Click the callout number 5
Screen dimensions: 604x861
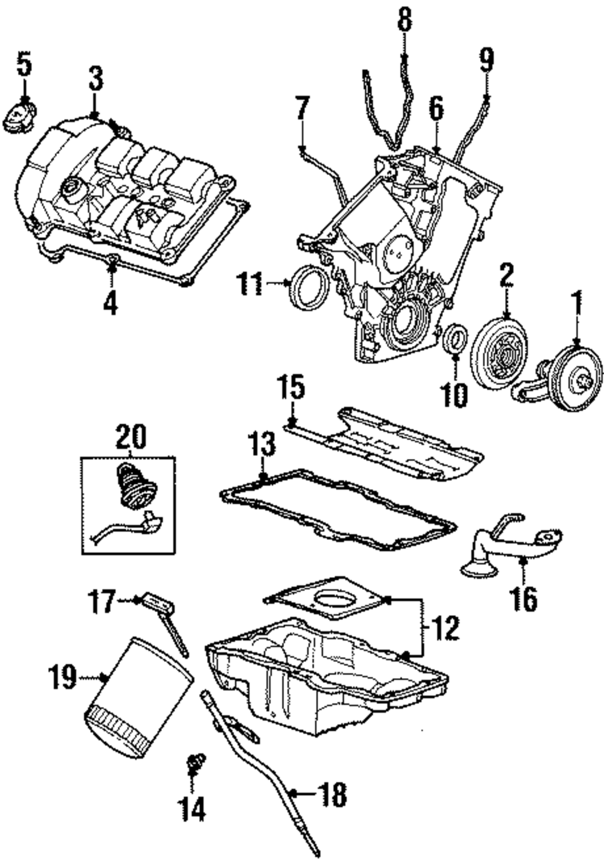[x=24, y=65]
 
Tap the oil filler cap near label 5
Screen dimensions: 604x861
[x=21, y=115]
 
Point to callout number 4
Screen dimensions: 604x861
[x=111, y=302]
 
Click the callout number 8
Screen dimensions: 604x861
[x=405, y=19]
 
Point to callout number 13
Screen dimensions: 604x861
[x=263, y=447]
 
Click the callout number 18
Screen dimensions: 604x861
[x=333, y=804]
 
